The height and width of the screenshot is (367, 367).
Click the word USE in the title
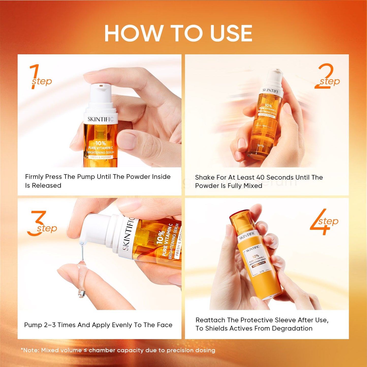pos(231,33)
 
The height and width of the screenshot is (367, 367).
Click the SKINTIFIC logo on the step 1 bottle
pos(100,119)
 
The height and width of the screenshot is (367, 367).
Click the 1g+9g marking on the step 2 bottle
pos(261,146)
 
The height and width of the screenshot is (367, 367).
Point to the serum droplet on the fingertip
pos(82,293)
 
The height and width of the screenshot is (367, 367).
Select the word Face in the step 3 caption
pos(165,325)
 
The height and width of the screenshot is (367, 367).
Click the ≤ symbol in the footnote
pos(85,350)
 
